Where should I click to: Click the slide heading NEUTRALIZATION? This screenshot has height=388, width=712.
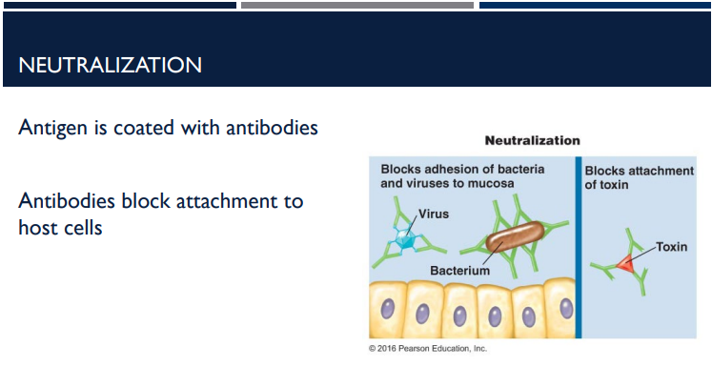click(110, 66)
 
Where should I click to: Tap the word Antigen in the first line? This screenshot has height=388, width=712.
click(50, 128)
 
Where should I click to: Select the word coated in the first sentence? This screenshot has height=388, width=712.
click(145, 128)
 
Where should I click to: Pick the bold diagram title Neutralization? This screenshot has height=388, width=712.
click(532, 140)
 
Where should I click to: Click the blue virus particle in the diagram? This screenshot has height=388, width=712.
click(404, 241)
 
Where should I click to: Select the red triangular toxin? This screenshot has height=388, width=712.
click(623, 263)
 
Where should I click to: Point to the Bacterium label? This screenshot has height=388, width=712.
click(459, 271)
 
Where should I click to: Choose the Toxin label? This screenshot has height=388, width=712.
click(671, 247)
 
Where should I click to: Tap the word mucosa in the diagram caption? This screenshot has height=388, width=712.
click(493, 182)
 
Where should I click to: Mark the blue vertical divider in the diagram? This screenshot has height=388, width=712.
click(577, 248)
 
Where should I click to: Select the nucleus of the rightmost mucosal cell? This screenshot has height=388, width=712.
click(565, 309)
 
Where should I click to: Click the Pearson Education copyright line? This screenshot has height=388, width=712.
click(427, 349)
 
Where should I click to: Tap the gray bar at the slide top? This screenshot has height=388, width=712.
click(356, 5)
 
